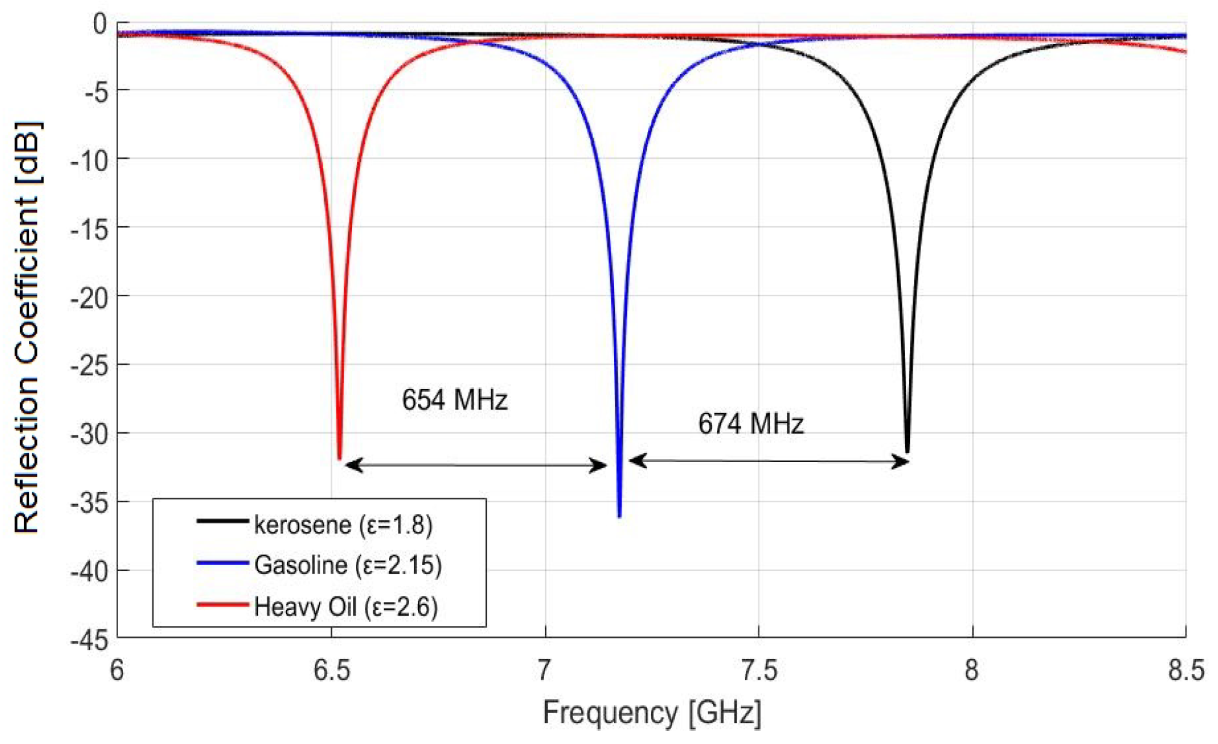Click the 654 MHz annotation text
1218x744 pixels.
(454, 400)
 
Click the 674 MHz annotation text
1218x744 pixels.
(751, 424)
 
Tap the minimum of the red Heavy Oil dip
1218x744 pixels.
(339, 458)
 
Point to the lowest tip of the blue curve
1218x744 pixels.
(620, 516)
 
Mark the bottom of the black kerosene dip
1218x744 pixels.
(908, 451)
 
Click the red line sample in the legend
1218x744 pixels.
(222, 605)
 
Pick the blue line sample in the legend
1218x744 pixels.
(222, 563)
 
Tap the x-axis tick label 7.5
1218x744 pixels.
(758, 670)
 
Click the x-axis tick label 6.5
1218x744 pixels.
(331, 670)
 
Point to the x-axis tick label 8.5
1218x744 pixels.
(1186, 670)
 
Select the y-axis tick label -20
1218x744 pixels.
(89, 296)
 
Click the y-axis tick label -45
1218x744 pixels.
(89, 640)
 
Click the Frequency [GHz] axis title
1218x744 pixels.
(651, 713)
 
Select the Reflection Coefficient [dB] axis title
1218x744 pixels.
(27, 327)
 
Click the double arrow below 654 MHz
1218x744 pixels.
(476, 465)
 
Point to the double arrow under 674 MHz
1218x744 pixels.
(769, 461)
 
